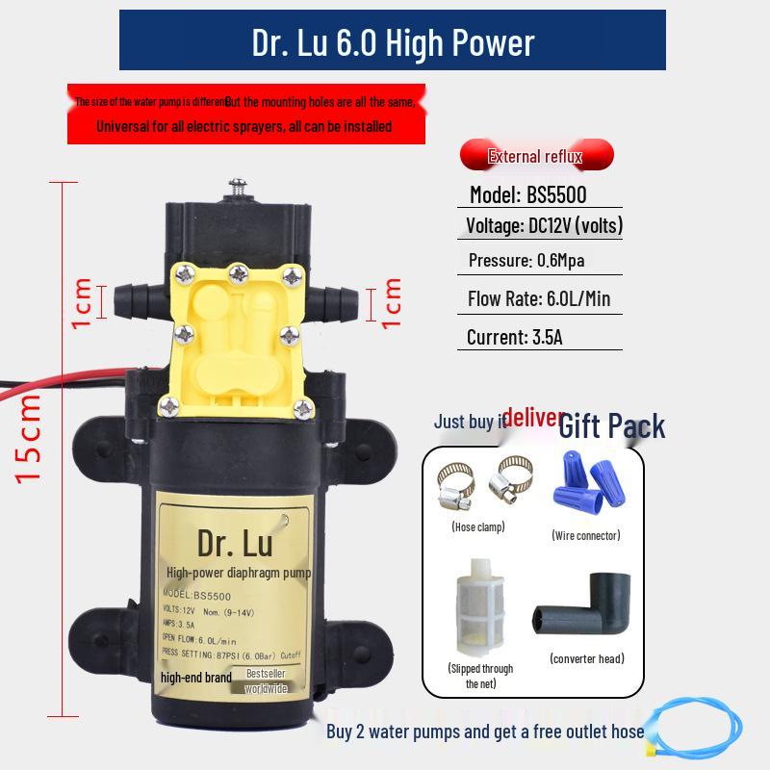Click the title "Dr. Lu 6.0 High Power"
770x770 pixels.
(x=393, y=42)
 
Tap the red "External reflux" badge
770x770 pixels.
(x=536, y=156)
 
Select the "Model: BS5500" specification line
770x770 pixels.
(x=527, y=194)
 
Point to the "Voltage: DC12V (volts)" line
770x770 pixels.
(x=544, y=225)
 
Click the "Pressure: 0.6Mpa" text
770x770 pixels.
(x=526, y=260)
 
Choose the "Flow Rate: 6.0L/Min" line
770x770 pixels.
(x=539, y=298)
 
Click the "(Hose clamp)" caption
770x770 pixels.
(x=478, y=526)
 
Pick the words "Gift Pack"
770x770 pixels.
(x=612, y=424)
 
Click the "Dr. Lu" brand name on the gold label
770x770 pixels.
(x=235, y=543)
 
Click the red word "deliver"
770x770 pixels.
(x=532, y=417)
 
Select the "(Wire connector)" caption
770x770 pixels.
(x=586, y=535)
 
